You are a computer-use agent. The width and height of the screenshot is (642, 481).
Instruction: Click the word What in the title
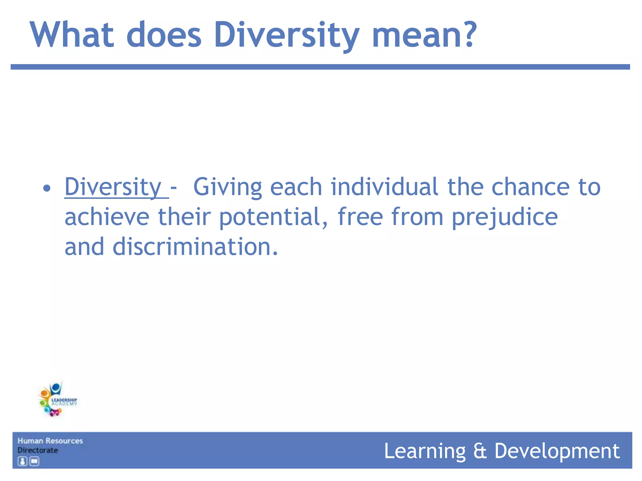(71, 35)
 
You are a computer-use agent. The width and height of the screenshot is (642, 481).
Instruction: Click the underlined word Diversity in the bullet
(113, 187)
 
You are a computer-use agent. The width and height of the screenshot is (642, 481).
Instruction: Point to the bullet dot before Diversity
(47, 189)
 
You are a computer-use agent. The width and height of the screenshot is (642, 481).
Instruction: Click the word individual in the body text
(384, 187)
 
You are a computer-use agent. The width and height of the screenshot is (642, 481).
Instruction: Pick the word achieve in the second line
(107, 217)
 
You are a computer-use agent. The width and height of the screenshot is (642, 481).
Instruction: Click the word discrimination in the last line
(195, 247)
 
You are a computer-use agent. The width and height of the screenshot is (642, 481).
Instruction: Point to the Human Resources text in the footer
(50, 441)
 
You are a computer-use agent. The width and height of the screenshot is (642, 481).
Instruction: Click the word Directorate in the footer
(38, 450)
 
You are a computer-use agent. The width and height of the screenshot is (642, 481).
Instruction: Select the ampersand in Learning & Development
(480, 451)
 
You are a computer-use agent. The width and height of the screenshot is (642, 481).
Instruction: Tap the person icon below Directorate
(22, 461)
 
